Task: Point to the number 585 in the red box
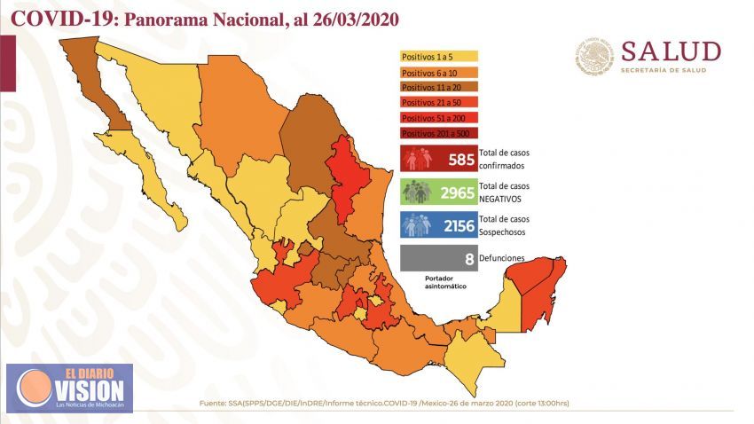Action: pos(461,160)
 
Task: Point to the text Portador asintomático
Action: pos(444,282)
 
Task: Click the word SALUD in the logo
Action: pos(670,51)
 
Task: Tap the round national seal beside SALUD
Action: pos(594,56)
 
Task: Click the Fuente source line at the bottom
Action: pos(384,404)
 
